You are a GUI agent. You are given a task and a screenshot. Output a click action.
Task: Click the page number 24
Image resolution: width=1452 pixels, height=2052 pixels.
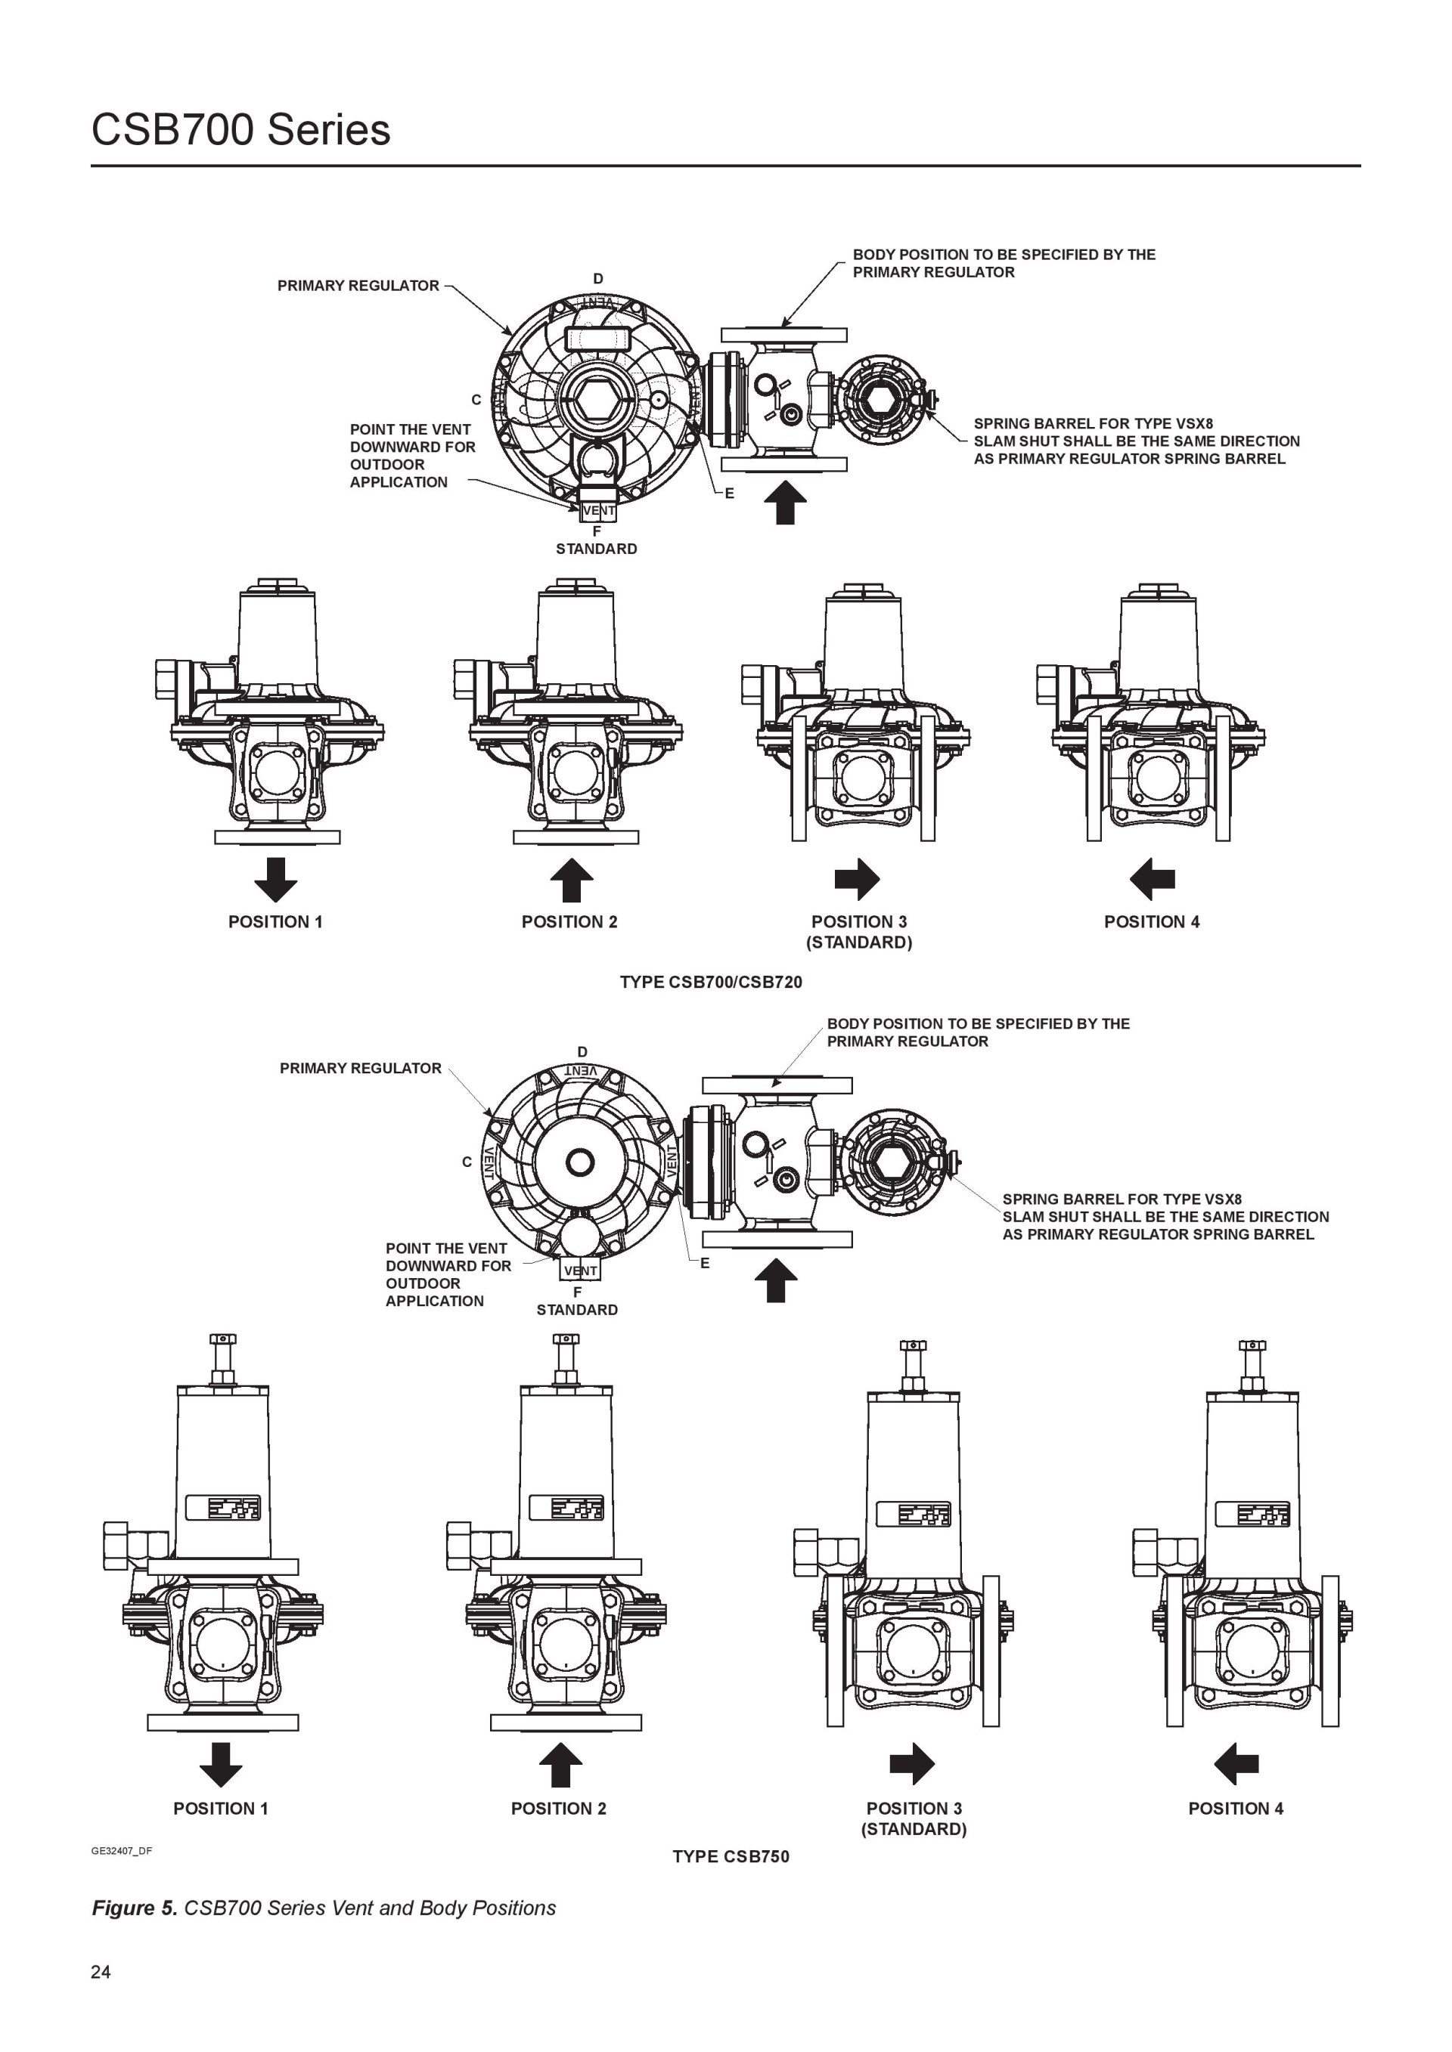pyautogui.click(x=101, y=1973)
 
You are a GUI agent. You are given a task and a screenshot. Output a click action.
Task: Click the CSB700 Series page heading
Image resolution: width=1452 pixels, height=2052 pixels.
pyautogui.click(x=240, y=131)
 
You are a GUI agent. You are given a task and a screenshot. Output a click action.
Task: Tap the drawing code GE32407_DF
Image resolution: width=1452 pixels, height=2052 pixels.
pyautogui.click(x=122, y=1850)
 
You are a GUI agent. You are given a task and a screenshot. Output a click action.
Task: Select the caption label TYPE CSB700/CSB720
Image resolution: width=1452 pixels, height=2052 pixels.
pyautogui.click(x=711, y=983)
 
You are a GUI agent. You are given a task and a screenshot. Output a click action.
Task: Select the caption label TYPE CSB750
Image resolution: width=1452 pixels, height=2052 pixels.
pyautogui.click(x=731, y=1856)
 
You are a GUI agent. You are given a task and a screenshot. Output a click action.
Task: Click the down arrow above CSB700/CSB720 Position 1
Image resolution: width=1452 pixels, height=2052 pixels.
pyautogui.click(x=275, y=880)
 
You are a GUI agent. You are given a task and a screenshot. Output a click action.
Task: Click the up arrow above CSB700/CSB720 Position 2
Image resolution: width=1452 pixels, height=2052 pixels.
pyautogui.click(x=571, y=881)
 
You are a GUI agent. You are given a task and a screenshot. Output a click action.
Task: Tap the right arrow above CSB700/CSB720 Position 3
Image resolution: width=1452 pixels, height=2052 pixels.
pyautogui.click(x=857, y=880)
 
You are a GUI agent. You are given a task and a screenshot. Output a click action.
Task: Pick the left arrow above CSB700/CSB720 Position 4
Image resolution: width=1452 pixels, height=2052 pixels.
pyautogui.click(x=1152, y=880)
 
